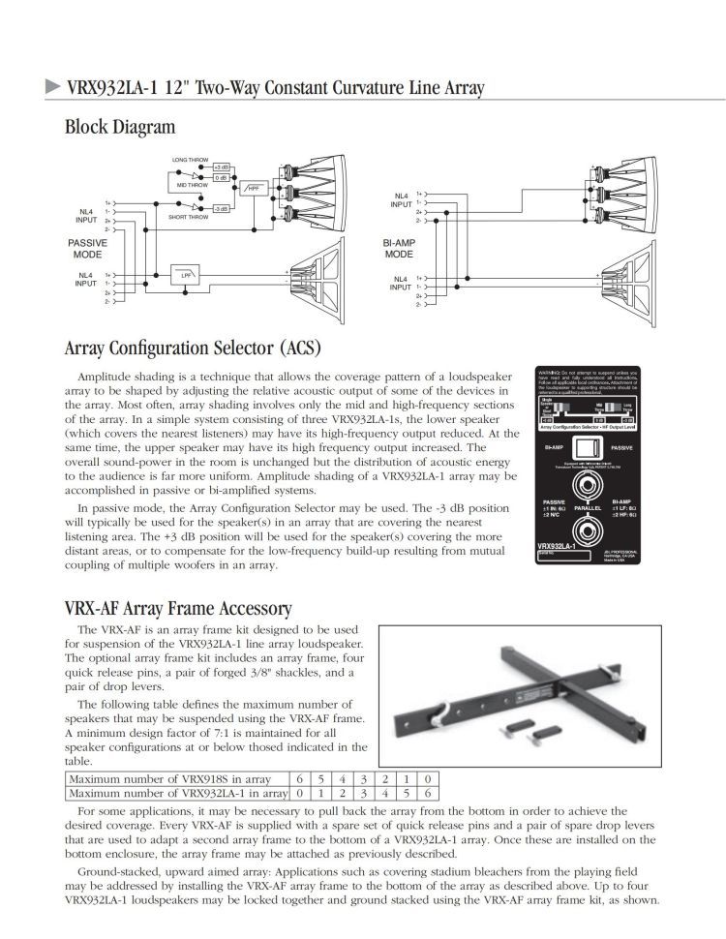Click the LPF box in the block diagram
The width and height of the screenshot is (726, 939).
tap(181, 276)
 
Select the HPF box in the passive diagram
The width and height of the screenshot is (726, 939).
tap(254, 187)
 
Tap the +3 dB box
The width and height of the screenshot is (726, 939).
tap(220, 167)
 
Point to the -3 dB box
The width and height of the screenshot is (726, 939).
tap(220, 208)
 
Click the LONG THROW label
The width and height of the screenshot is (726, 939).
tap(191, 159)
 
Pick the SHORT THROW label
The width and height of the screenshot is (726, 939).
tap(189, 218)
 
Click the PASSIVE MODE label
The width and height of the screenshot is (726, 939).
tap(87, 249)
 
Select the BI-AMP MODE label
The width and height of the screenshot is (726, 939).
tap(399, 249)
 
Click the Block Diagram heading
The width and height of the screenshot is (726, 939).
tap(120, 127)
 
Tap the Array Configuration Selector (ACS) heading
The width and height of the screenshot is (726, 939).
tap(192, 347)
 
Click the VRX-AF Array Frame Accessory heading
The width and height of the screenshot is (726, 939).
tap(177, 608)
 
